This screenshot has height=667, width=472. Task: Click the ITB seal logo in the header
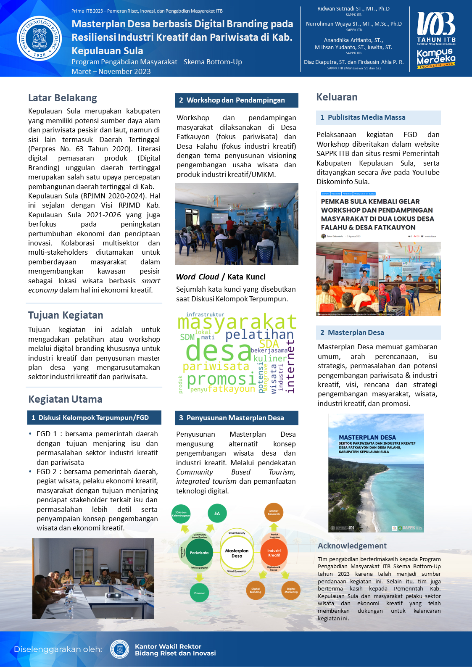[x=40, y=38]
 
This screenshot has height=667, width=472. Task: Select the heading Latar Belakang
[x=63, y=98]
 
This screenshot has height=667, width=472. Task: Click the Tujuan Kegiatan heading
[x=66, y=315]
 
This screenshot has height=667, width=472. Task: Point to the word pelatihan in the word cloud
[x=259, y=335]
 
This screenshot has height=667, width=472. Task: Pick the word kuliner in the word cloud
[x=270, y=359]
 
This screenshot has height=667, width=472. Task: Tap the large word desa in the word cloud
[x=219, y=351]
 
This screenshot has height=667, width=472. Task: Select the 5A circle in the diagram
[x=217, y=513]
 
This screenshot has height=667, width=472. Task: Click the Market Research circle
[x=274, y=512]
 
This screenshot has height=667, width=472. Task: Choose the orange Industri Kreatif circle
[x=274, y=553]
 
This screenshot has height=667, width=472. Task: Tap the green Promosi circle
[x=199, y=593]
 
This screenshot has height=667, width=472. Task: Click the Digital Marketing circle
[x=291, y=590]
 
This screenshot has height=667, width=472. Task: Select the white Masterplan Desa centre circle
[x=237, y=553]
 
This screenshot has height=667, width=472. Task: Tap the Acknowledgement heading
[x=352, y=546]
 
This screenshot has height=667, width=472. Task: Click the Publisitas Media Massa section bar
[x=378, y=118]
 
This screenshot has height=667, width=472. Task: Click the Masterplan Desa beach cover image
[x=376, y=473]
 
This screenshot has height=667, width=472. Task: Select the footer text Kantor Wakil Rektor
[x=168, y=646]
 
